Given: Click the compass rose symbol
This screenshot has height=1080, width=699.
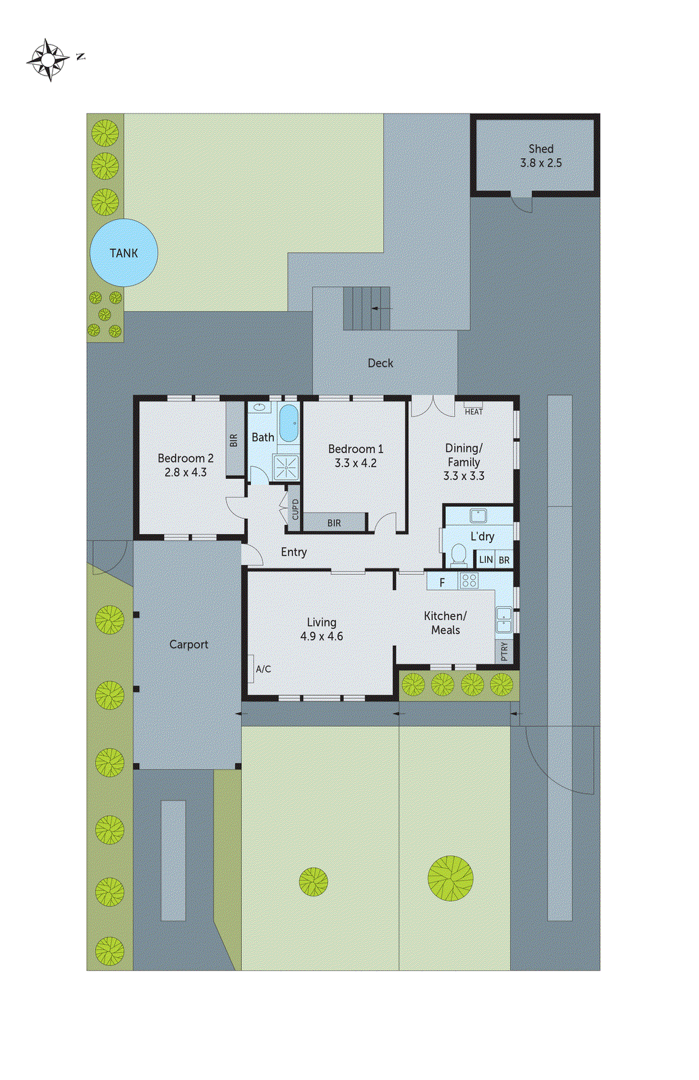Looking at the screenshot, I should [49, 60].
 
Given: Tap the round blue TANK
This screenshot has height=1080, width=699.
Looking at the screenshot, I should [124, 252].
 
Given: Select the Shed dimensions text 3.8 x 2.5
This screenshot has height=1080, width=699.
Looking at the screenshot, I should [540, 163].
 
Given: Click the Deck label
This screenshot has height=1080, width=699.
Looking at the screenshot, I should [381, 363].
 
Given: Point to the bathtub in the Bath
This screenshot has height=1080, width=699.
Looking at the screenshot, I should [289, 423].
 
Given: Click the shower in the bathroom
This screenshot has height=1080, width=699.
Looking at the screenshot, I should [286, 466].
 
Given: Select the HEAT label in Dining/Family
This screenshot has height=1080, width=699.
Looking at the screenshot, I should [474, 411].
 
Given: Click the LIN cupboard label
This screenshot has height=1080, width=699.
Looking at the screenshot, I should [486, 560].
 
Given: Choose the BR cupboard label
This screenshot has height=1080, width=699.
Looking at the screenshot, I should [504, 560].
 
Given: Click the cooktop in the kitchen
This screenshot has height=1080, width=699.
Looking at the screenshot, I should [469, 580].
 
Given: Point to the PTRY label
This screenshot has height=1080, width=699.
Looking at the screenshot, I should [505, 651].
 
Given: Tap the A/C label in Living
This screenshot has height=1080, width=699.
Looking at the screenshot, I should [263, 669].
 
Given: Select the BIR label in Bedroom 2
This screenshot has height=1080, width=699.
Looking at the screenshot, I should [234, 440].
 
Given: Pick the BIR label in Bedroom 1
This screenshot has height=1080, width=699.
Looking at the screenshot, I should [334, 523].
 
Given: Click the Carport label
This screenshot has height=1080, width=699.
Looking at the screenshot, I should [188, 645].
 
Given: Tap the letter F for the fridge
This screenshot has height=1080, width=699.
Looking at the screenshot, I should [443, 583].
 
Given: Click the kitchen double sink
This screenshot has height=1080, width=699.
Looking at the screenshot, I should [504, 620].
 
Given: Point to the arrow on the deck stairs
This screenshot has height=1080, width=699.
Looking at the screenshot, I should [382, 308].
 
